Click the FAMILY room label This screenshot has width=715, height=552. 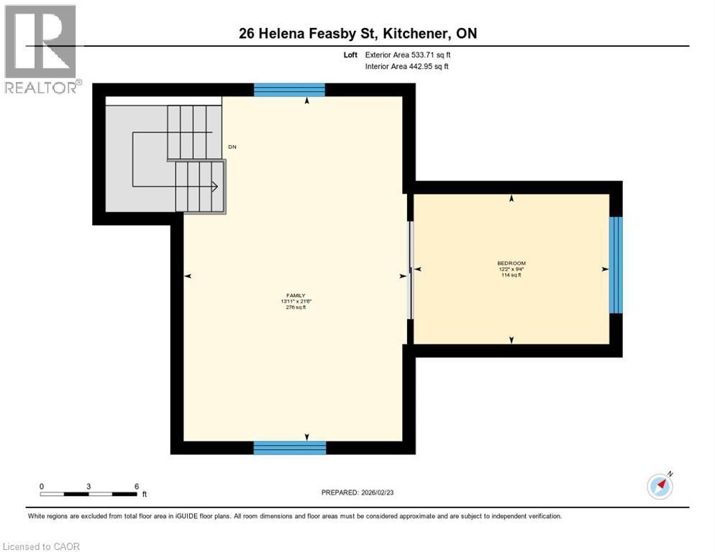pos(296,295)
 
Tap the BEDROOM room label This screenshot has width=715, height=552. pos(511,263)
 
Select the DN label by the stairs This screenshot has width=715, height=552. pos(232,147)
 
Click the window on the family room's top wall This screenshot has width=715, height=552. pos(289,90)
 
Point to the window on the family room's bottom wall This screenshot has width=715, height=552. pos(289,448)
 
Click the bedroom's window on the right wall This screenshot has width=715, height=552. pos(616,264)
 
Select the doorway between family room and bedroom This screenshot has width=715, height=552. pos(410,270)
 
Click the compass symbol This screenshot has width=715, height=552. pos(660,487)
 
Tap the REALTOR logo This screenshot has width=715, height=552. pos(41,48)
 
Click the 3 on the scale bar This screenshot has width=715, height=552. pos(88,486)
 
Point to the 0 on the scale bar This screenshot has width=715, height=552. pos(42,486)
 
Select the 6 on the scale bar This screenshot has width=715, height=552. pos(136,486)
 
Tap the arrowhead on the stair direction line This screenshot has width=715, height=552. pos(214,186)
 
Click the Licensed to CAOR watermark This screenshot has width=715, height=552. pos(42,546)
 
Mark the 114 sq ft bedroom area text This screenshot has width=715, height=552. pos(511,275)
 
